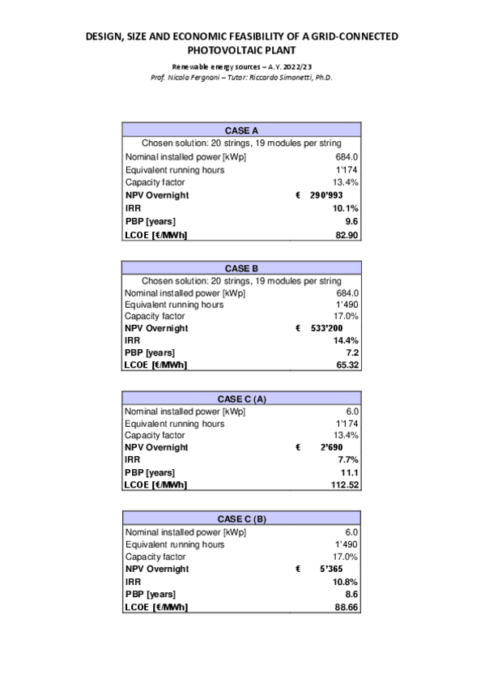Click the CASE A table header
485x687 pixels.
click(x=242, y=130)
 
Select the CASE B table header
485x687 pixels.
click(x=242, y=267)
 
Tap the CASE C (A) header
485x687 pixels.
click(x=242, y=399)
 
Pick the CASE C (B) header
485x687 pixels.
click(x=242, y=519)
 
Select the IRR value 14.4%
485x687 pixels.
click(x=346, y=340)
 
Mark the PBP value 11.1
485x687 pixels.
click(x=350, y=472)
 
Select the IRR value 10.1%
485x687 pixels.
click(x=346, y=208)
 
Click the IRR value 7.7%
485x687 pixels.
click(x=348, y=459)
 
